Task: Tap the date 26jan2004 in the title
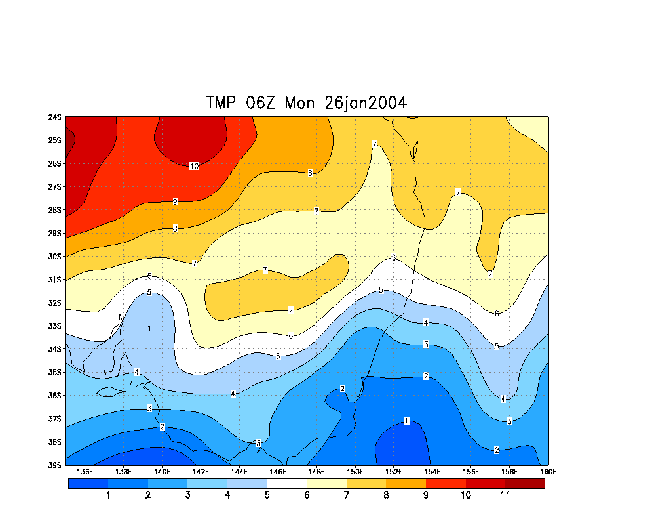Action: click(366, 103)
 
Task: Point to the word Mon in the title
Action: click(301, 103)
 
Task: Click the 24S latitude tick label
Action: click(54, 117)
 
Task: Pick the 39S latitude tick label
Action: click(54, 465)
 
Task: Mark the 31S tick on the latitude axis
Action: click(54, 280)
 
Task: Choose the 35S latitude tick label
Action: click(54, 372)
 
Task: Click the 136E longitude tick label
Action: click(85, 472)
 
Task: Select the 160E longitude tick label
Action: click(548, 472)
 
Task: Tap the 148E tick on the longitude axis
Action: click(316, 472)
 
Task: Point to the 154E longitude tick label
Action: click(432, 472)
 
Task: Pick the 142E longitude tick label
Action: click(201, 472)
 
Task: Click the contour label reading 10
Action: click(194, 167)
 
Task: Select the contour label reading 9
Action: click(175, 202)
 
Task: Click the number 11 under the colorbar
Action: click(505, 495)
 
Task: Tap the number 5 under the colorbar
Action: click(267, 495)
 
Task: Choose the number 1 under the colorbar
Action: click(108, 495)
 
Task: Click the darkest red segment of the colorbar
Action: click(525, 484)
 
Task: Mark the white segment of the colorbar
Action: click(286, 484)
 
